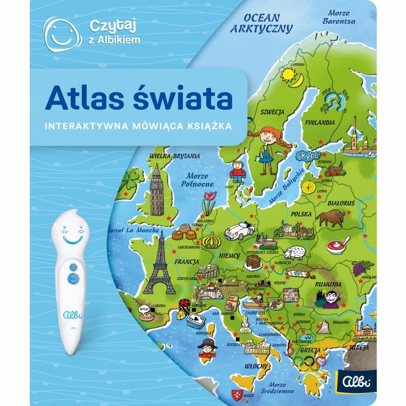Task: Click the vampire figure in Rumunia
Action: tap(331, 297)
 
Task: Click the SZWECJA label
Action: tap(272, 112)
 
